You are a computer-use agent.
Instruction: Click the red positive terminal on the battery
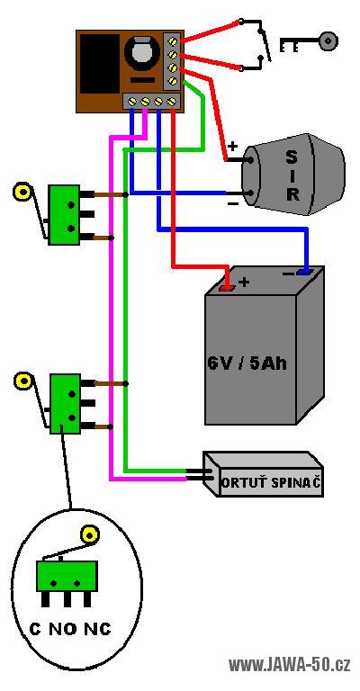pyautogui.click(x=228, y=288)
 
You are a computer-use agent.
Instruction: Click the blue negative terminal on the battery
pyautogui.click(x=304, y=272)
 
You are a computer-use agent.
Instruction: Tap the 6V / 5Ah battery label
pyautogui.click(x=247, y=363)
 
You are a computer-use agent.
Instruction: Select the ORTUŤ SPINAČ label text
pyautogui.click(x=270, y=483)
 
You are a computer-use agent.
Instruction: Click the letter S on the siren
pyautogui.click(x=292, y=157)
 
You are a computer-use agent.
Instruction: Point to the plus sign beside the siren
pyautogui.click(x=232, y=146)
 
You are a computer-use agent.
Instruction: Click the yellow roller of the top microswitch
pyautogui.click(x=22, y=192)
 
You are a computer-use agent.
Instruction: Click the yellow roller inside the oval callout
pyautogui.click(x=88, y=534)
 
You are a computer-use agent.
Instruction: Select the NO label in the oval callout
pyautogui.click(x=63, y=629)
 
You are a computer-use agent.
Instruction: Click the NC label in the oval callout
pyautogui.click(x=97, y=629)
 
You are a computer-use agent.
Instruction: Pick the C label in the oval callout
pyautogui.click(x=35, y=629)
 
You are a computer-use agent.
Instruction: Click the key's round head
pyautogui.click(x=328, y=42)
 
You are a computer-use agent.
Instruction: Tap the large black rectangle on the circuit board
pyautogui.click(x=100, y=64)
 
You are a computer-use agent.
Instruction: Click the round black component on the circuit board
pyautogui.click(x=141, y=54)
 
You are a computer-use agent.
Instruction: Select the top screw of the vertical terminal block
pyautogui.click(x=173, y=42)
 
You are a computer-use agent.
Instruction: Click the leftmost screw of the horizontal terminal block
pyautogui.click(x=131, y=102)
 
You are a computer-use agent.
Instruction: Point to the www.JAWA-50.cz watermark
pyautogui.click(x=290, y=664)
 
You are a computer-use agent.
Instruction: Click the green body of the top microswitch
pyautogui.click(x=64, y=215)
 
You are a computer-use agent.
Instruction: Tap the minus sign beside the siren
pyautogui.click(x=233, y=203)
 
